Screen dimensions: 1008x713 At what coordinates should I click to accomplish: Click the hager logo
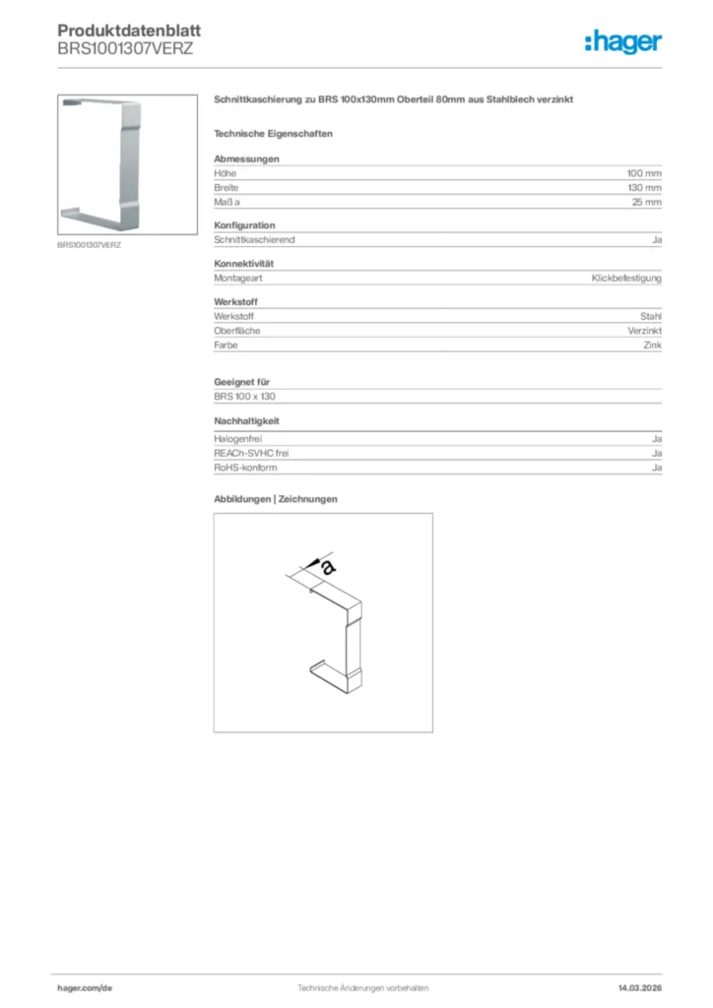point(622,41)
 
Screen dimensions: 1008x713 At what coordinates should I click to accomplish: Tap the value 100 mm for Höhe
point(644,173)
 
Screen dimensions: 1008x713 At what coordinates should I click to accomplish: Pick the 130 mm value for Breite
point(644,187)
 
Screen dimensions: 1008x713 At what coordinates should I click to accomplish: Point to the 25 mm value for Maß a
point(647,202)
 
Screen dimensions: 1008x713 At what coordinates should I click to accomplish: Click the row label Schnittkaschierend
point(254,239)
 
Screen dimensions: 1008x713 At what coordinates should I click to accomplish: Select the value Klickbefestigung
point(626,279)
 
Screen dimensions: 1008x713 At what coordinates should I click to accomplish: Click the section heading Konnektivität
point(243,264)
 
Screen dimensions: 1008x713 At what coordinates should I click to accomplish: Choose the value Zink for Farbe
point(652,346)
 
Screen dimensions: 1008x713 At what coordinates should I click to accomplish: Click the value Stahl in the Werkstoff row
point(650,317)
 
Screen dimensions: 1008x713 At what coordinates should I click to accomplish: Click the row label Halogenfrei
point(237,438)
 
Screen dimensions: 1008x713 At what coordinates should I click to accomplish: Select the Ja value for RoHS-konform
point(656,468)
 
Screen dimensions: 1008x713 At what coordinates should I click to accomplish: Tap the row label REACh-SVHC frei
point(251,453)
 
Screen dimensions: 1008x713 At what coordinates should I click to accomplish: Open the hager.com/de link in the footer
point(85,987)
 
